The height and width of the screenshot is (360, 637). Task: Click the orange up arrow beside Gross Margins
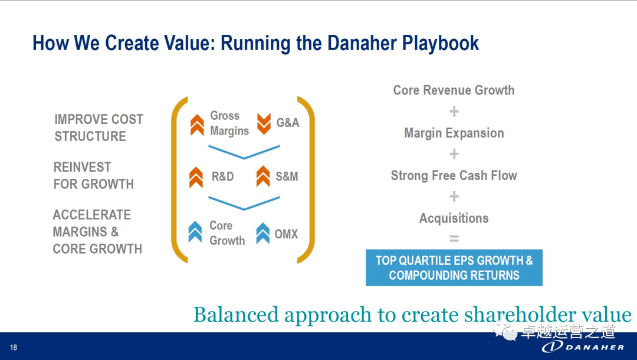tap(197, 125)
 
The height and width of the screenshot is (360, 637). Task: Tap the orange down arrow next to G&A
tap(264, 123)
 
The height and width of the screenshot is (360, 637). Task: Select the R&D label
tap(222, 176)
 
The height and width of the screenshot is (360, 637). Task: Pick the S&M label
tap(287, 176)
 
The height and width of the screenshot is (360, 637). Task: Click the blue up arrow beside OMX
tap(263, 233)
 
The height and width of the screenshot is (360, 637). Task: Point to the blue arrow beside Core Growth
tap(195, 231)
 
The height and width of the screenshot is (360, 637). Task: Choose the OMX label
tap(287, 234)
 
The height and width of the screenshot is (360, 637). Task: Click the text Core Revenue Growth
tap(454, 90)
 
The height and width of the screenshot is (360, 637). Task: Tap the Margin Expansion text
tap(454, 133)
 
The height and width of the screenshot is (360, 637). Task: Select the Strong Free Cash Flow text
tap(454, 175)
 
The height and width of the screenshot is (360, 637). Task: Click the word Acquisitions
tap(454, 218)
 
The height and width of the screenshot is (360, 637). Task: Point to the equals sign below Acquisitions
tap(454, 239)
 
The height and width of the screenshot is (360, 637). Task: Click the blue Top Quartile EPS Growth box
tap(454, 268)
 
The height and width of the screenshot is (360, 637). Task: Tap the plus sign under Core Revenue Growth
tap(454, 112)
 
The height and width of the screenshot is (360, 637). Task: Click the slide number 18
tap(14, 348)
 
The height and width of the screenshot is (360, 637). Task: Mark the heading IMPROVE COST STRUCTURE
tap(98, 127)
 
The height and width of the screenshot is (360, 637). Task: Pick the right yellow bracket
tap(306, 179)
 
